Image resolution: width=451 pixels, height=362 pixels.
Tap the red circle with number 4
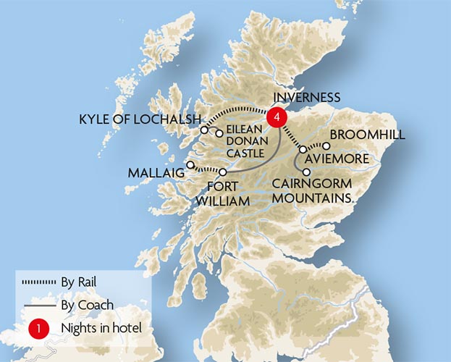(276, 116)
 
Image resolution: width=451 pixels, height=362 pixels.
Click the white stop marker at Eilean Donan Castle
(219, 133)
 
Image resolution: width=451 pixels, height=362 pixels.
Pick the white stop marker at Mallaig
(190, 165)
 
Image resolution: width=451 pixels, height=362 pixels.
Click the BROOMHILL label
(366, 135)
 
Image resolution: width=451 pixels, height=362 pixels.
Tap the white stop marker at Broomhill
(326, 146)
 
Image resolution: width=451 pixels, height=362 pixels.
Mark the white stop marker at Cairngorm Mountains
(307, 172)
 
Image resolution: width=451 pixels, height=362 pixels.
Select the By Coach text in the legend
(83, 306)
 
